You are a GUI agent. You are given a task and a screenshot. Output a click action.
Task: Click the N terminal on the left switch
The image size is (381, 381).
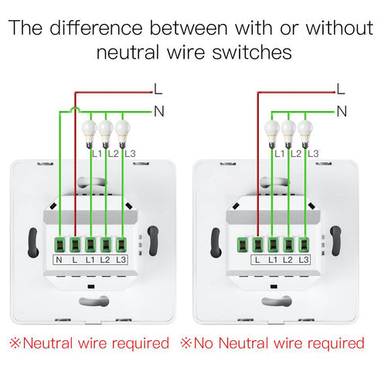(60, 243)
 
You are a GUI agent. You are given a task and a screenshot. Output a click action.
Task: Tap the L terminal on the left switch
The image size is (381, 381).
(75, 243)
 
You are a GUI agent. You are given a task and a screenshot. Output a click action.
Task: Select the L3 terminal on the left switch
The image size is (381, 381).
(121, 243)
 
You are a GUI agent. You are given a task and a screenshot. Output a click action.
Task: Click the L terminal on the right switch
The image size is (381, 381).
(257, 243)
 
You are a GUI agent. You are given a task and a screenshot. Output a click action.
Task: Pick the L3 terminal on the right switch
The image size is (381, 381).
(304, 243)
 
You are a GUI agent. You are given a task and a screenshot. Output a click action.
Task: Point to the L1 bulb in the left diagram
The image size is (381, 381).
(90, 131)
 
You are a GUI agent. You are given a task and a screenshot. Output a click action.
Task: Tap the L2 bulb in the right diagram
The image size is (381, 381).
(288, 131)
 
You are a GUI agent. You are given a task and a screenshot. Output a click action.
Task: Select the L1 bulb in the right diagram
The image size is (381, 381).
(273, 131)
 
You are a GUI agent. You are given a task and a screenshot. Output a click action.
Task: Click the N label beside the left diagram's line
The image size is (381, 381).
(159, 111)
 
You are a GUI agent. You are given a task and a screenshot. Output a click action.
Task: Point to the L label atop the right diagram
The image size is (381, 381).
(341, 88)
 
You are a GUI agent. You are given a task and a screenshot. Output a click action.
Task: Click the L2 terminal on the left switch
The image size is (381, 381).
(105, 243)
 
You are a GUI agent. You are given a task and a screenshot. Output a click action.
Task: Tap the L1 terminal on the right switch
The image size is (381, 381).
(273, 243)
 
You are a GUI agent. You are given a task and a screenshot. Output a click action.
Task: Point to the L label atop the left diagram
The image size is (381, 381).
(158, 88)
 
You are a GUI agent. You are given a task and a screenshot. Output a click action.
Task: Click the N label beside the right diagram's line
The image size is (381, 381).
(341, 111)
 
